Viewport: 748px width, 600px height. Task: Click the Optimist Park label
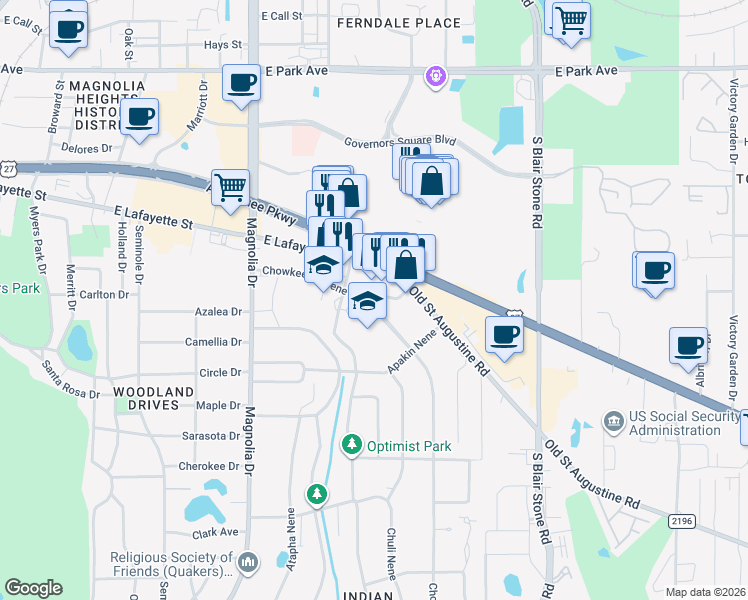click(x=408, y=446)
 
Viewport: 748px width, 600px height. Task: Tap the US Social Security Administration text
click(x=675, y=423)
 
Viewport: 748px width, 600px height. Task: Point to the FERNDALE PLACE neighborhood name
click(x=399, y=23)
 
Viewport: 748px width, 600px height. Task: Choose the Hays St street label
click(x=223, y=45)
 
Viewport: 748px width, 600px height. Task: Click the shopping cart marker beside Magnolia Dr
click(x=231, y=187)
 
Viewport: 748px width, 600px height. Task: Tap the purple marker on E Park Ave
click(x=435, y=76)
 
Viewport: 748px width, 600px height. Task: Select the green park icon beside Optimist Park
click(x=351, y=443)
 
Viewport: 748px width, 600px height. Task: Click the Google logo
click(x=33, y=588)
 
